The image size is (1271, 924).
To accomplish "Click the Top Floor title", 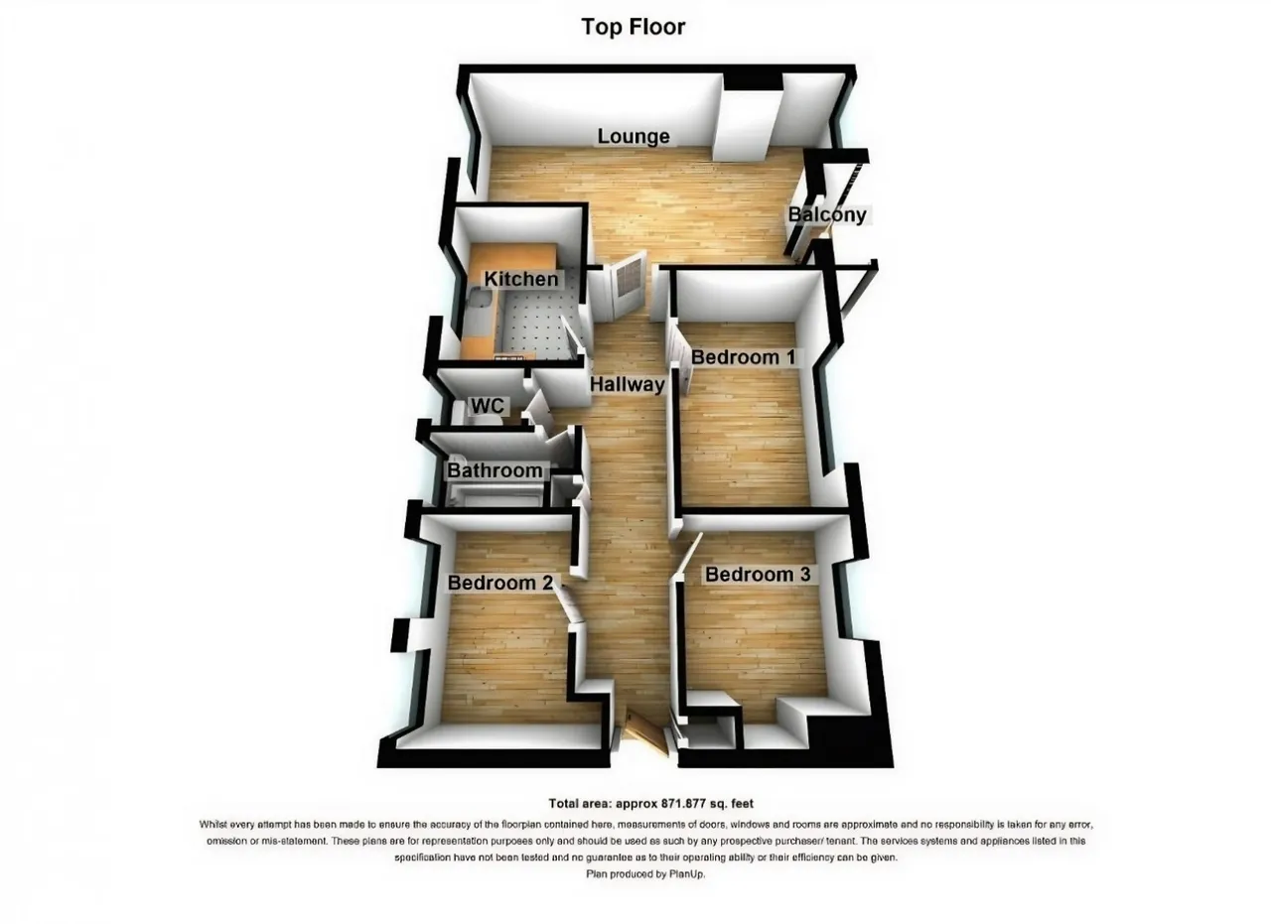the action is (x=634, y=27).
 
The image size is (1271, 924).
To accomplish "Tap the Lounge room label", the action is (x=634, y=136).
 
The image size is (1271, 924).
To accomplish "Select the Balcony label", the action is (x=828, y=214).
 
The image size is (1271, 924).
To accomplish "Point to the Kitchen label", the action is (x=521, y=279).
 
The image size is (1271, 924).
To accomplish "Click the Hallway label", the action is (x=627, y=384).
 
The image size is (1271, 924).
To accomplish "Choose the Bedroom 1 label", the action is (x=744, y=357).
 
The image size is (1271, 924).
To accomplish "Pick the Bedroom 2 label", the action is (x=499, y=583).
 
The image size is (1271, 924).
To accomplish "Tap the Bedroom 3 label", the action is (x=758, y=575).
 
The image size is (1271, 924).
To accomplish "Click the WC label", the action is (x=488, y=406).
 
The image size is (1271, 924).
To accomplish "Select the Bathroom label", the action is (x=494, y=470).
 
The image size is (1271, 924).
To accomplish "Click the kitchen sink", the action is (x=483, y=300).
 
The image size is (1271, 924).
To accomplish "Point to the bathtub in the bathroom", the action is (x=494, y=495).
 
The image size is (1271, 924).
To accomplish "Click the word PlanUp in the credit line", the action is (x=687, y=874).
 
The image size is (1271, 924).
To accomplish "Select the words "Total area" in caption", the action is (x=579, y=804).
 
